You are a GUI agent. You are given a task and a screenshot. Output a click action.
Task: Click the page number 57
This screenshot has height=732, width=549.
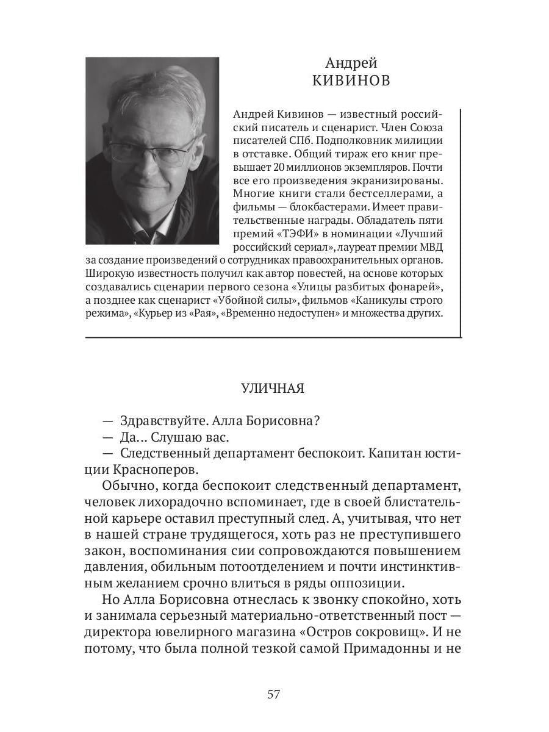point(273,694)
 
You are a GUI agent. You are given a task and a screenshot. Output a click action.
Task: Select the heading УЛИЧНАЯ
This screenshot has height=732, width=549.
point(273,389)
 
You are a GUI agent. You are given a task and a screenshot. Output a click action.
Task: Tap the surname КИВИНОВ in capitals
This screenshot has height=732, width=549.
point(351,81)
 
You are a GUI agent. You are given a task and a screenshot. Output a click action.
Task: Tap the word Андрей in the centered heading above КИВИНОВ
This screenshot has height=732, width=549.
point(351,63)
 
